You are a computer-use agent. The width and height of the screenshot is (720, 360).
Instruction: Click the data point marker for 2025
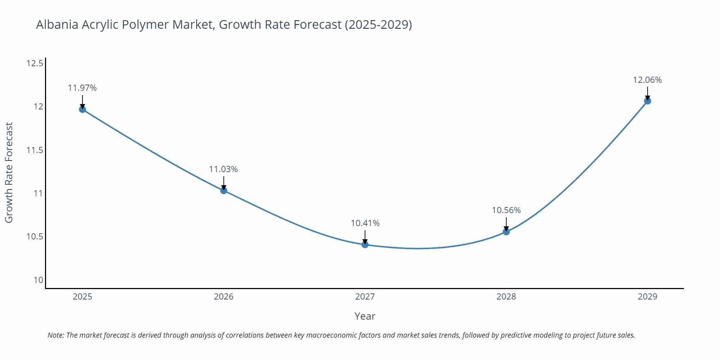82,109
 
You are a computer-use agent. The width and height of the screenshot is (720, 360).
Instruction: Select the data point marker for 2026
224,190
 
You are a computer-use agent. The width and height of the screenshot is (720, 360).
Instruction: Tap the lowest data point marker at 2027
365,245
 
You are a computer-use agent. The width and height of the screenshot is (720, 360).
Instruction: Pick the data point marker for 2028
506,231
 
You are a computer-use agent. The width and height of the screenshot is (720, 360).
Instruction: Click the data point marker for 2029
647,101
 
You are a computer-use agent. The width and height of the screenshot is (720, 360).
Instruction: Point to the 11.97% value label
82,88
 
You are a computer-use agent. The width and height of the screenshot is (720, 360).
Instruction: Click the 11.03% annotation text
224,169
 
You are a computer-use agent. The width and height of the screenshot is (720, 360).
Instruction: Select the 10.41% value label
365,223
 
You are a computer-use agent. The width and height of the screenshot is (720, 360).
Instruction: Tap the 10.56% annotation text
506,210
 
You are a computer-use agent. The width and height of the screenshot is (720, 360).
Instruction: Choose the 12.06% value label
647,80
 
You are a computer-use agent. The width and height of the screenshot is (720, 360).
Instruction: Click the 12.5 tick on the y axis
35,64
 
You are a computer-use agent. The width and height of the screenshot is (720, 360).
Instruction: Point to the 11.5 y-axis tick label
35,150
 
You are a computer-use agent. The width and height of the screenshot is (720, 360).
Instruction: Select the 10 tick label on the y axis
38,280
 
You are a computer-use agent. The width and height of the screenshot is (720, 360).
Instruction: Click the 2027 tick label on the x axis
365,297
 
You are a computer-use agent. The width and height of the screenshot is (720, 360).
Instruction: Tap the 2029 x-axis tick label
647,297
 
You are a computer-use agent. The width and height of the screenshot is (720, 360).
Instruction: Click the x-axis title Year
365,316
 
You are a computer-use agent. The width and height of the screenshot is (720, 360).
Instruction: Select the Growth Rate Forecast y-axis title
9,172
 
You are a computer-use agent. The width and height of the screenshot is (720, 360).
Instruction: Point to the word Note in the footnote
55,335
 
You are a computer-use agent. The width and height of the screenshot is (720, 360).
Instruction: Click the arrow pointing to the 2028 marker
506,224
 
